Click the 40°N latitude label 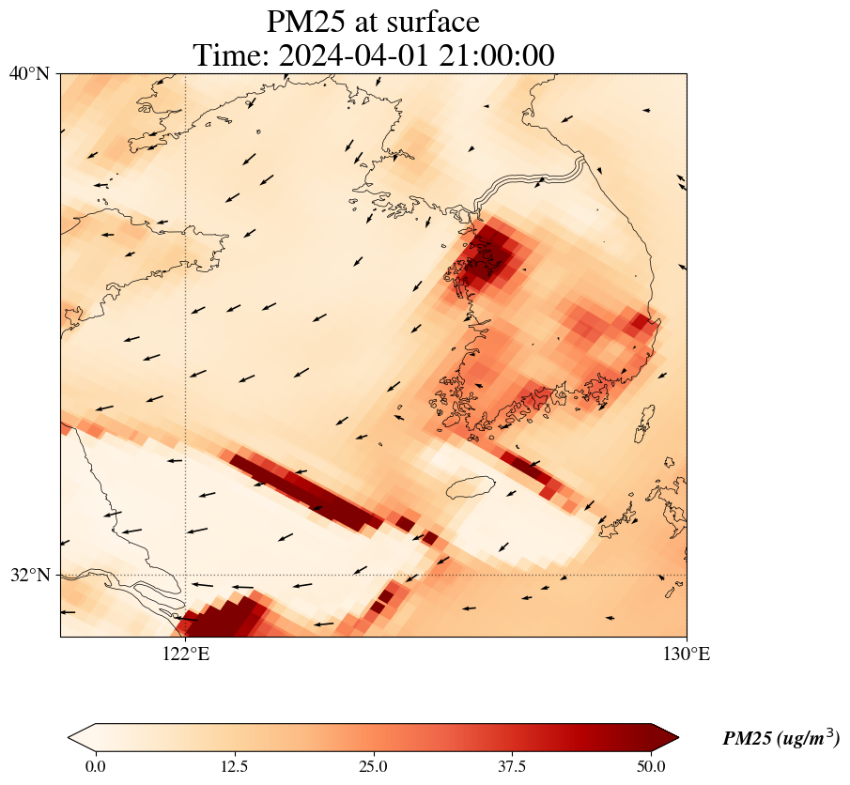(29, 73)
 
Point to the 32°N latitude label (29, 575)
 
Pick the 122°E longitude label (186, 654)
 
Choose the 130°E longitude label (687, 654)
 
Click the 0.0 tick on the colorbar (95, 766)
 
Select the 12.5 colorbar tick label (234, 766)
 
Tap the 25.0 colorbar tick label (373, 766)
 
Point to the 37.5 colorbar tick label (512, 766)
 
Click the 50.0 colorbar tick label (651, 766)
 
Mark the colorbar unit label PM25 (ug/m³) (780, 739)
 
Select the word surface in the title (435, 21)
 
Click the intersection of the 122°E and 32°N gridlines (186, 575)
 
